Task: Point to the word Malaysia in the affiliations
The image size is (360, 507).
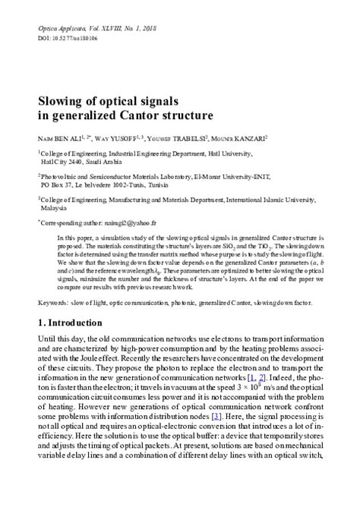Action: tap(55, 206)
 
